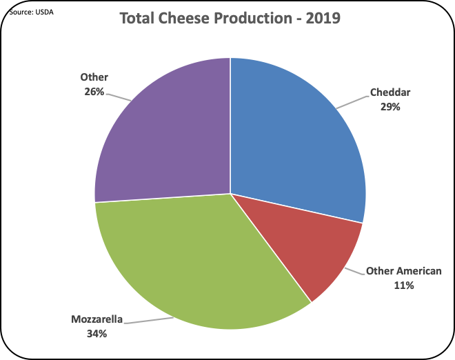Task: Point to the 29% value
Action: tap(390, 107)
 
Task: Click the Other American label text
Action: tap(403, 271)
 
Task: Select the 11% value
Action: tap(403, 285)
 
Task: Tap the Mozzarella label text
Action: tap(97, 320)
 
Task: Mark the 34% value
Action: tap(97, 334)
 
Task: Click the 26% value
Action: tap(93, 91)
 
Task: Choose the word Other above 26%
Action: tap(94, 77)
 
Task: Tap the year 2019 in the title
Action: tap(321, 18)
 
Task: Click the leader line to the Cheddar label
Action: tap(352, 103)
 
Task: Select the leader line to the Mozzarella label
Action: tap(148, 321)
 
